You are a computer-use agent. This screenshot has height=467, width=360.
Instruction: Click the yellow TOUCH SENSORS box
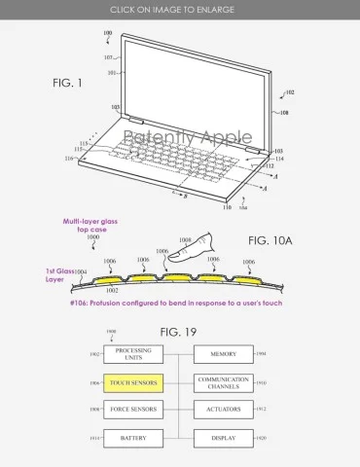coord(133,384)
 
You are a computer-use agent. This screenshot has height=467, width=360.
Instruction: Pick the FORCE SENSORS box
coord(133,411)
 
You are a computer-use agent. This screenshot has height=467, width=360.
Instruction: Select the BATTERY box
coord(133,439)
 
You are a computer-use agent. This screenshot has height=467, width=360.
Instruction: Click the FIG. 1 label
coord(67,84)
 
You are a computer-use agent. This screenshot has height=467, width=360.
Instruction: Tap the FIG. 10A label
coord(271,239)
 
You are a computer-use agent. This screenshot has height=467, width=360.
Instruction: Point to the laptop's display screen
coord(194,89)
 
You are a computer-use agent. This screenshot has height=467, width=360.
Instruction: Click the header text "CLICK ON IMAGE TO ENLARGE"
coord(179,9)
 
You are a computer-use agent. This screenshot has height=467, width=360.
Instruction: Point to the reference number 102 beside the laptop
coord(289,93)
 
